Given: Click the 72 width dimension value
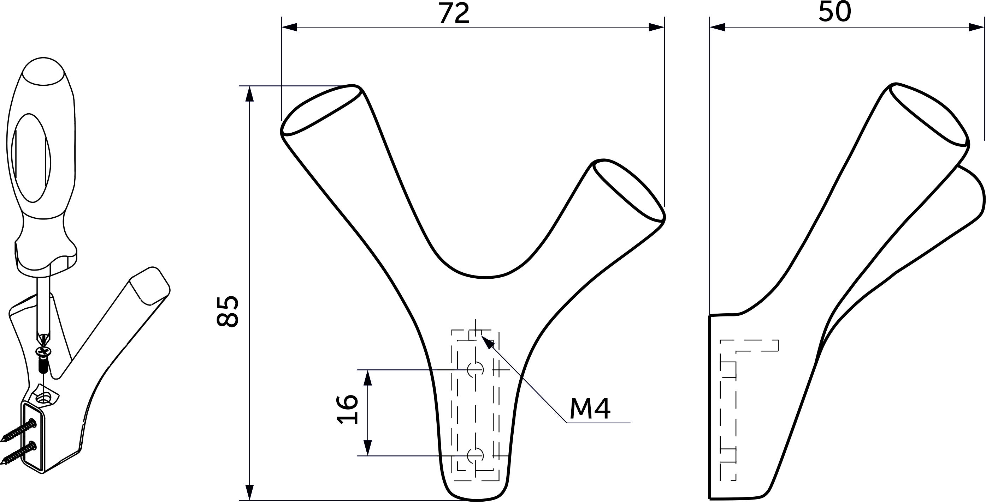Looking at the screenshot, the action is [454, 13].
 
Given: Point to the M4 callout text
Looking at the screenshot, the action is [590, 409].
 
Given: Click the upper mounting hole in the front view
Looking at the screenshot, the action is [476, 369].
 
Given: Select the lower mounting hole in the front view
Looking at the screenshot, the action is [476, 455].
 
